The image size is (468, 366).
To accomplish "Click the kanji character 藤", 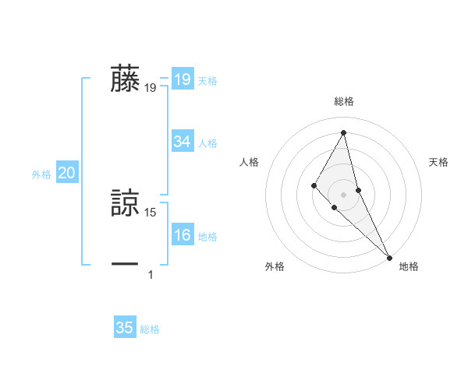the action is point(125,79).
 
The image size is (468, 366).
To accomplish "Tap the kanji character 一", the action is point(125,265).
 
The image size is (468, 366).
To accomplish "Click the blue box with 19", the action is point(183,79).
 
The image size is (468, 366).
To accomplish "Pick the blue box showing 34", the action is point(183,142).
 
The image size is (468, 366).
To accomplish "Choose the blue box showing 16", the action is point(183,235).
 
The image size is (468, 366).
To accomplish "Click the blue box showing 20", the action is point(66,173).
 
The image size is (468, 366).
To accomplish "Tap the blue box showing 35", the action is point(125,328).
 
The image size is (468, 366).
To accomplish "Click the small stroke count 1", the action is point(151,274).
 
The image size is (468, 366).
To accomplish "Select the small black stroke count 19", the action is point(151,88).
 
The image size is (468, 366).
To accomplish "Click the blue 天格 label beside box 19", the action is point(207,81).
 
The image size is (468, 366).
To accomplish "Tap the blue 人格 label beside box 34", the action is point(207,143).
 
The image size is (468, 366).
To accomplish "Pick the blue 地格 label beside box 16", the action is point(207,237).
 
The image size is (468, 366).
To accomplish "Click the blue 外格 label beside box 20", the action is point(41,174).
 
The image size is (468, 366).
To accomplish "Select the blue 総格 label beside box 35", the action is point(150,329).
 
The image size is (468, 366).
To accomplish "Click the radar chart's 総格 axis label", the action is point(344,101).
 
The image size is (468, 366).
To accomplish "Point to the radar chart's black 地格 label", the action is point(409,266).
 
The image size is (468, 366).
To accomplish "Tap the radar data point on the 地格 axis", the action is point(388,257).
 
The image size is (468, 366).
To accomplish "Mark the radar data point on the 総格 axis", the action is point(344,132).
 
